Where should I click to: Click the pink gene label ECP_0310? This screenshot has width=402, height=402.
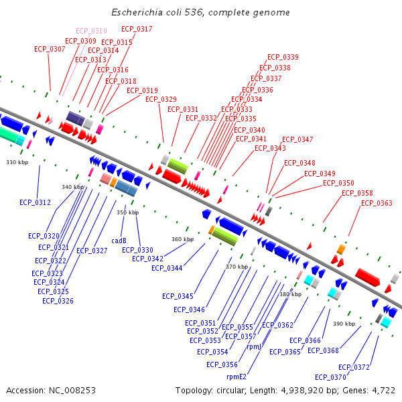pyautogui.click(x=91, y=31)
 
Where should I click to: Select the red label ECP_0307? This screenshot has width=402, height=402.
pyautogui.click(x=50, y=49)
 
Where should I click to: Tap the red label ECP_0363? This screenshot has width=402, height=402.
pyautogui.click(x=377, y=203)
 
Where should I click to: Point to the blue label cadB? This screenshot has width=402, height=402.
pyautogui.click(x=119, y=241)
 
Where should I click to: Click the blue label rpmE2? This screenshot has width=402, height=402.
pyautogui.click(x=237, y=377)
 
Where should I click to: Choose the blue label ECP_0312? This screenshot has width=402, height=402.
pyautogui.click(x=35, y=202)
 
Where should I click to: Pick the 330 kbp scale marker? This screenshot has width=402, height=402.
pyautogui.click(x=17, y=163)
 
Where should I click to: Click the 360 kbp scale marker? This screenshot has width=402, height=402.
pyautogui.click(x=182, y=239)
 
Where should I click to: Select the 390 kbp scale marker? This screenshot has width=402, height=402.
pyautogui.click(x=344, y=324)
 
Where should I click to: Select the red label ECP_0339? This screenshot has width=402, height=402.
pyautogui.click(x=283, y=58)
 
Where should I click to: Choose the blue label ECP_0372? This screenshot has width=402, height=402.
pyautogui.click(x=354, y=367)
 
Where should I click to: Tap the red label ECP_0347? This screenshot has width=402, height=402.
pyautogui.click(x=297, y=139)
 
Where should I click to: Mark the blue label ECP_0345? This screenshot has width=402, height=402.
pyautogui.click(x=178, y=296)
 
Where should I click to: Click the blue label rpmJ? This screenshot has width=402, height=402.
pyautogui.click(x=254, y=347)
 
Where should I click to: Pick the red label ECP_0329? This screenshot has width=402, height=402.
pyautogui.click(x=161, y=99)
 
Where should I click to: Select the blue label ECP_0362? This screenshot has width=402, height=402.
pyautogui.click(x=277, y=325)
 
